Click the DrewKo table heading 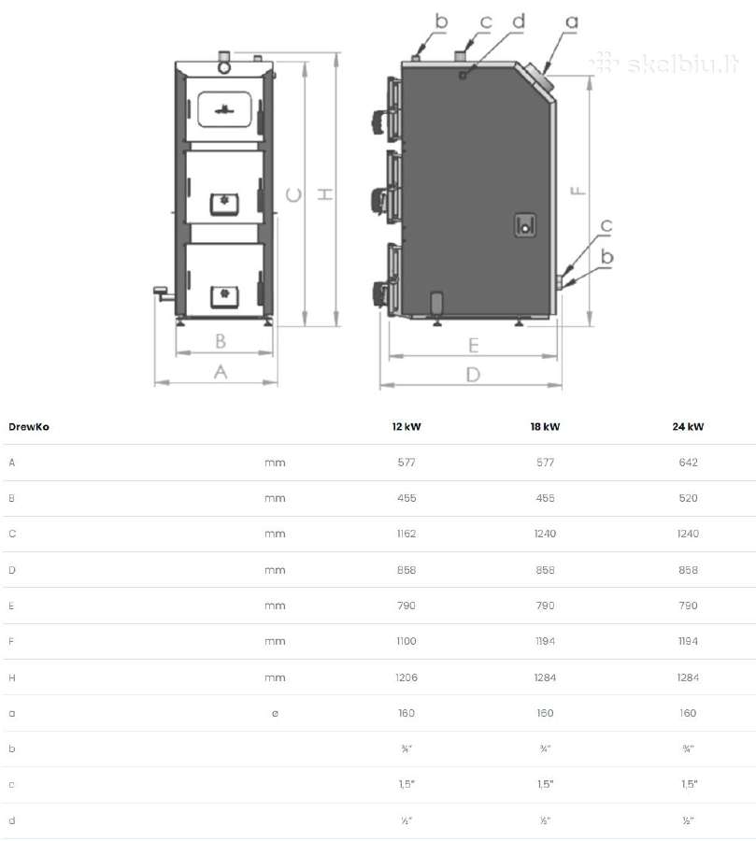29,427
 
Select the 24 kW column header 688,427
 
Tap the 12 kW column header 407,427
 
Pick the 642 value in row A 688,463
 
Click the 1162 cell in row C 407,534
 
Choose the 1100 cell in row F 407,641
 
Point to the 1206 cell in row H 407,677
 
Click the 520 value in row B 688,498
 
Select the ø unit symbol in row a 275,713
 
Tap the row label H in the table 12,678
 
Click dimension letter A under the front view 220,372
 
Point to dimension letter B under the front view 221,341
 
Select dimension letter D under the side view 473,375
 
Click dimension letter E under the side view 473,345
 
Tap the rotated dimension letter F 578,191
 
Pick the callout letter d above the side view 519,21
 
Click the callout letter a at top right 572,22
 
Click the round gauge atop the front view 224,67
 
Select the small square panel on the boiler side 525,225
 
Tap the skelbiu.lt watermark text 665,64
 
